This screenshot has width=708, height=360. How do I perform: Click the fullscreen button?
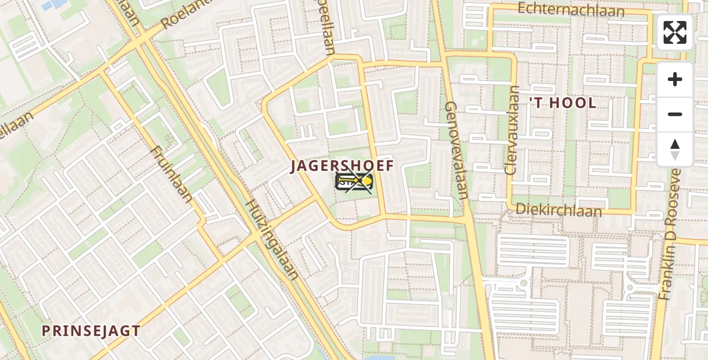click(675, 32)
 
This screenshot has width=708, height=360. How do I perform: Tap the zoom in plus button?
click(675, 79)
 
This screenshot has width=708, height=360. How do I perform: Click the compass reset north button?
click(675, 149)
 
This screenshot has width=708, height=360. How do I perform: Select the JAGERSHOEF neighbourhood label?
click(342, 166)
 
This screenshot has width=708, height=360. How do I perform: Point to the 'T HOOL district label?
click(562, 103)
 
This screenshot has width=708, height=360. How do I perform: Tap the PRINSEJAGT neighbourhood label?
click(91, 331)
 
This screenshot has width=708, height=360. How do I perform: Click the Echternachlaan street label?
click(571, 10)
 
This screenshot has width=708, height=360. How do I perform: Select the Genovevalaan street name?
click(456, 150)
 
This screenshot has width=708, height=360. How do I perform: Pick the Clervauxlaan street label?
click(512, 130)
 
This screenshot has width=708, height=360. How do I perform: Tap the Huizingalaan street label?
click(271, 239)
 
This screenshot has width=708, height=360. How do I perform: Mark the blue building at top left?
click(55, 4)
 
